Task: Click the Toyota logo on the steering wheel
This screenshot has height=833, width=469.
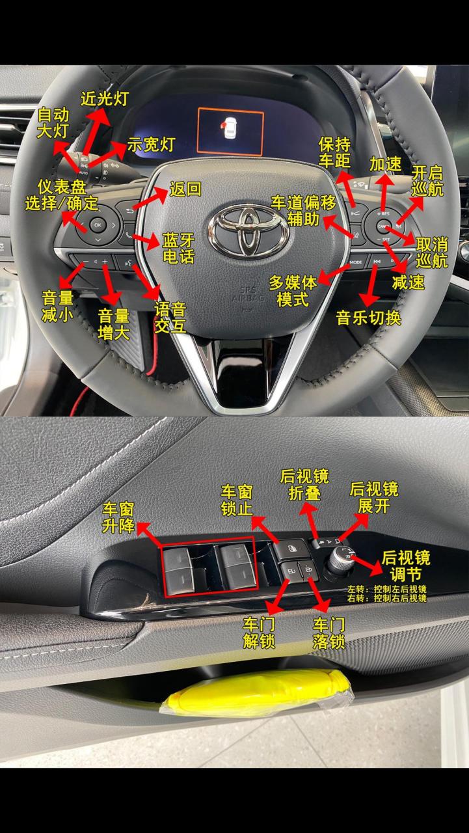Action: click(248, 230)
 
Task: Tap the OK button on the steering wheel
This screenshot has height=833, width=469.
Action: click(98, 225)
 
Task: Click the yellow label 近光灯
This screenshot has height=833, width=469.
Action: click(105, 98)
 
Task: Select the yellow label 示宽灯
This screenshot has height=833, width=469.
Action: click(150, 144)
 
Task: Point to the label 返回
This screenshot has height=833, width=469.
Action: click(185, 189)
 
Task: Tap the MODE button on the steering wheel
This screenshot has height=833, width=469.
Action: click(356, 262)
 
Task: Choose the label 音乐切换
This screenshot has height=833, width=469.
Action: click(368, 318)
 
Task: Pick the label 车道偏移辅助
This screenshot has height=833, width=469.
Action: click(304, 210)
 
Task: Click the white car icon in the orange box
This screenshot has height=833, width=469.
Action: click(230, 129)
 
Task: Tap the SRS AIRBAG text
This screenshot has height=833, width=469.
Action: click(247, 295)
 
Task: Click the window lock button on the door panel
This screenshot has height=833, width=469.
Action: click(291, 549)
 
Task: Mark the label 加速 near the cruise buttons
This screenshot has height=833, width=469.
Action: click(385, 164)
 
